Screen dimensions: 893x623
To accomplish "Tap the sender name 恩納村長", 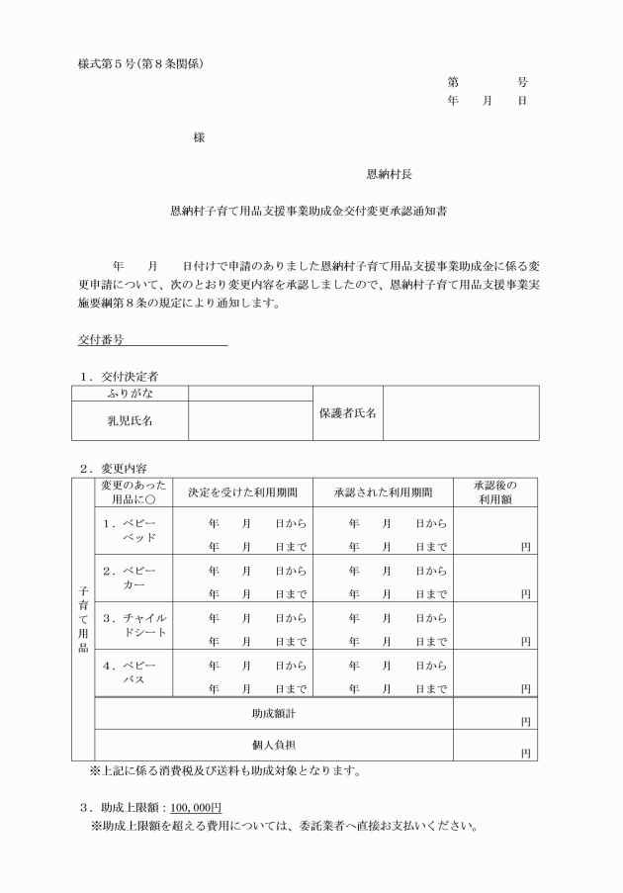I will pyautogui.click(x=390, y=174).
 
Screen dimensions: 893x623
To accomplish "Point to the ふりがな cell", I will pyautogui.click(x=130, y=394).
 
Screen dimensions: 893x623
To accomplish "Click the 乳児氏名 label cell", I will pyautogui.click(x=130, y=420).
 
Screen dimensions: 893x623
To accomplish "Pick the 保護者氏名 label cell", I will pyautogui.click(x=347, y=412).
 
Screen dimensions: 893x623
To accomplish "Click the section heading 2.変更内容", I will pyautogui.click(x=114, y=468).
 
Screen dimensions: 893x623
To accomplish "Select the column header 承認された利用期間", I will pyautogui.click(x=383, y=491).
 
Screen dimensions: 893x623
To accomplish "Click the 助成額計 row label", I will pyautogui.click(x=273, y=712).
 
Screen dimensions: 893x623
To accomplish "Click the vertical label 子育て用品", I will pyautogui.click(x=83, y=618).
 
